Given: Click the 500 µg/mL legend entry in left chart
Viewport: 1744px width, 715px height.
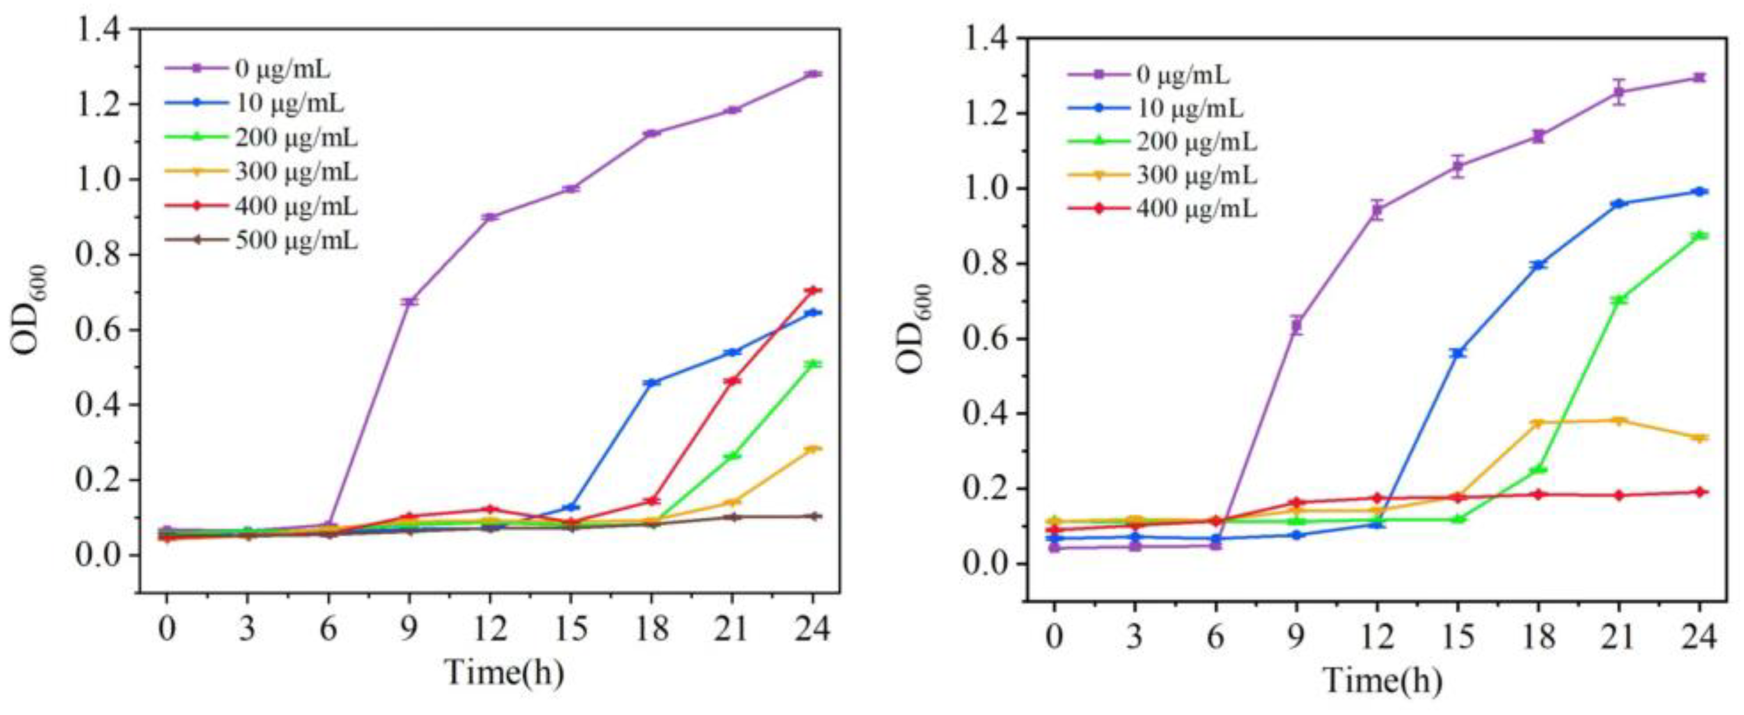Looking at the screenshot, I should [x=296, y=240].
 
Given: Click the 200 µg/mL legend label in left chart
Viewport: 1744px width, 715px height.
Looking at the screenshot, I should [x=296, y=138].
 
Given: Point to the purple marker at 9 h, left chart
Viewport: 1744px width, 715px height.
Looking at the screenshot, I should [x=409, y=301].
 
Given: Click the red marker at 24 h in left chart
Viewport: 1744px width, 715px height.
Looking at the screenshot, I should [x=812, y=291].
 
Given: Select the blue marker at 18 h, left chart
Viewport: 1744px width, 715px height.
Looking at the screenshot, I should [x=651, y=382].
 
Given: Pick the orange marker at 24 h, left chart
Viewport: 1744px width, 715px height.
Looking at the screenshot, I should [x=812, y=449].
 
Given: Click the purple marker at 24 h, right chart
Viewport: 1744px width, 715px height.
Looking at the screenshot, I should [x=1699, y=78].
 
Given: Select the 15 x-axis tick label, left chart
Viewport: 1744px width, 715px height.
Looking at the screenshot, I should [x=570, y=630].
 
